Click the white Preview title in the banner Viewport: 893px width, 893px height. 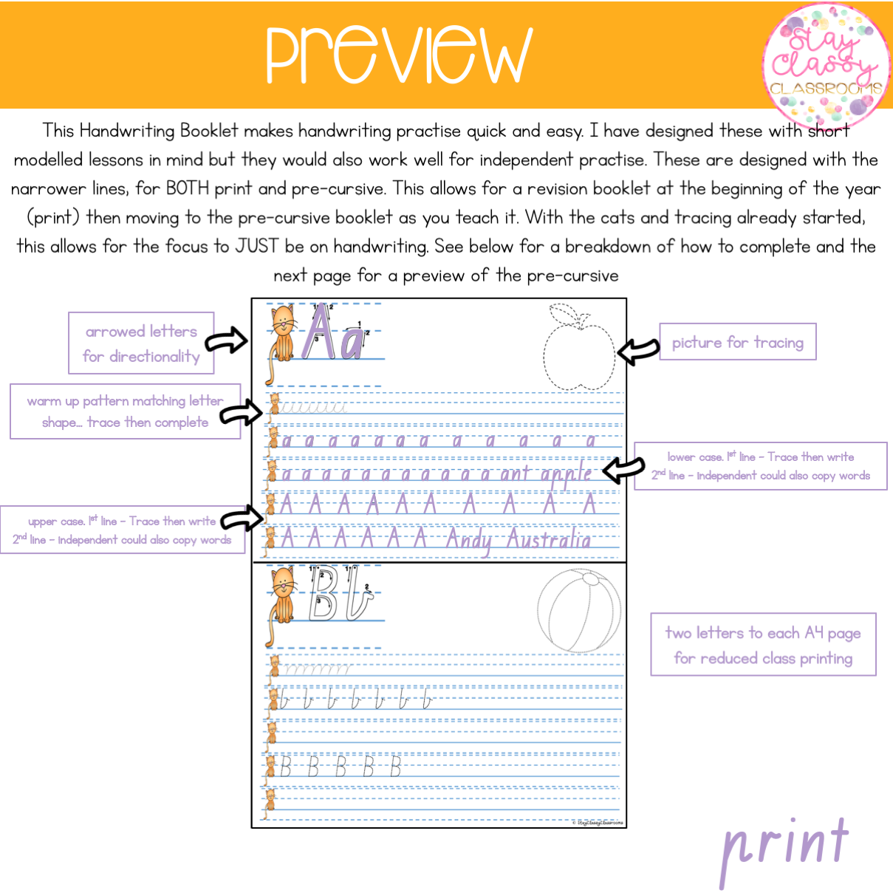point(399,55)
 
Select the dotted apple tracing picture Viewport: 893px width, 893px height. point(578,347)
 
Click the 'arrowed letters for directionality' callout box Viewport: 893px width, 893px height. point(141,343)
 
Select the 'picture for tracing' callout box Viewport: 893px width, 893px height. point(737,342)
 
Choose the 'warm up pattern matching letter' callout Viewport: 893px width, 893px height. point(125,411)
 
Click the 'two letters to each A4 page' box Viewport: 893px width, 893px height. point(763,644)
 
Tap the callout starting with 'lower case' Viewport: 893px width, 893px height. point(760,466)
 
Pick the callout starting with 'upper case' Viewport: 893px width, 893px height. point(122,530)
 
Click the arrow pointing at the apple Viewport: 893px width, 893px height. point(637,350)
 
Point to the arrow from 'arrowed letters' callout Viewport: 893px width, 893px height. point(226,341)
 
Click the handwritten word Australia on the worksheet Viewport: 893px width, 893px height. point(549,540)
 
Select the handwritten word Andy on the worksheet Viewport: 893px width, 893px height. point(468,541)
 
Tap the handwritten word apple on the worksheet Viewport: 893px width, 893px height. point(566,474)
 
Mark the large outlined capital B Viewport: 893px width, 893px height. point(323,594)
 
